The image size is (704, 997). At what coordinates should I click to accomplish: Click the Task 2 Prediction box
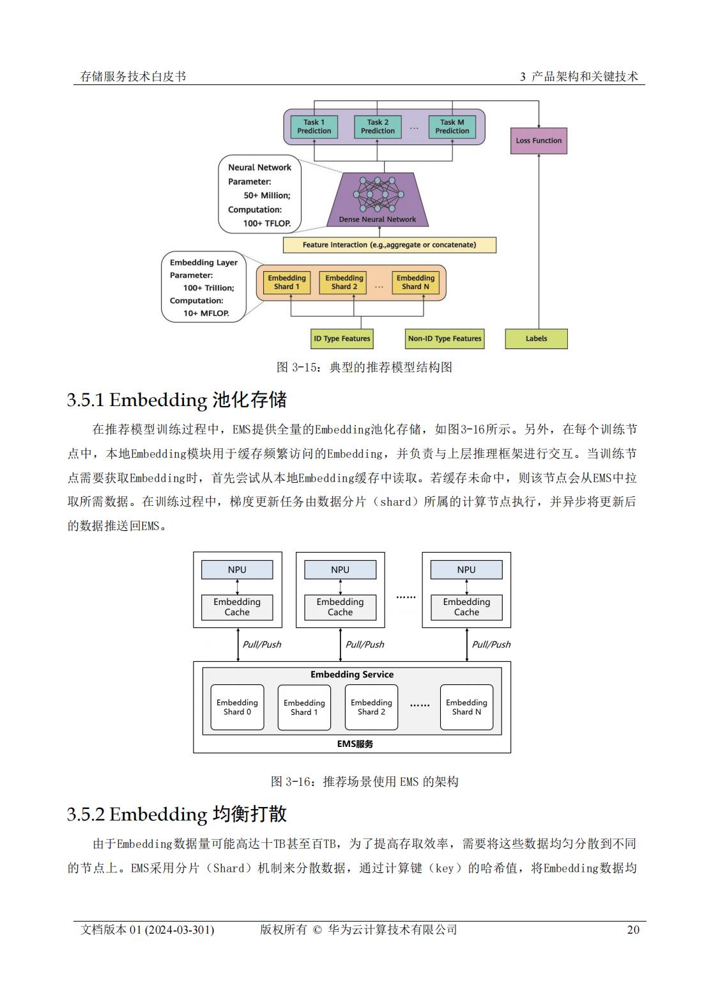pos(377,127)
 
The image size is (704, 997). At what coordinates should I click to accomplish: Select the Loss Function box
pos(539,141)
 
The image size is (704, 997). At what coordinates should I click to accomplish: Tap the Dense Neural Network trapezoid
pos(378,200)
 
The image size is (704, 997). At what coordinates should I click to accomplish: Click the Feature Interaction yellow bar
pos(389,245)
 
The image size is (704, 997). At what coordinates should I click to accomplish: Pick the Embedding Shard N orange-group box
pos(415,283)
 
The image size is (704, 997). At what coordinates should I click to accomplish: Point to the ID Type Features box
pos(342,339)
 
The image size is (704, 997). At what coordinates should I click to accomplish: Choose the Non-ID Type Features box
pos(444,339)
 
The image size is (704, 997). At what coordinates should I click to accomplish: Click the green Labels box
pos(537,339)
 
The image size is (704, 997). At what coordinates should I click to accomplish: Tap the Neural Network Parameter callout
pos(260,194)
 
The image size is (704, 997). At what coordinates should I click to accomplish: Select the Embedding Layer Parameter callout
pos(204,287)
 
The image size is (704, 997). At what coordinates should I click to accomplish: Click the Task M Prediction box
pos(452,127)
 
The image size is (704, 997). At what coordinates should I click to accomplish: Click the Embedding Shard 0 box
pos(237,707)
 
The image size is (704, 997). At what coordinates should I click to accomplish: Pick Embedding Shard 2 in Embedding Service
pos(371,707)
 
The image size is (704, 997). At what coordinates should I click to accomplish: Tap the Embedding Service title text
pos(352,674)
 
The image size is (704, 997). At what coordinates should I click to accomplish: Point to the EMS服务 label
pos(355,744)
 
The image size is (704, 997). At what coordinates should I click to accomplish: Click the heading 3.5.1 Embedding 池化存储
pos(176,400)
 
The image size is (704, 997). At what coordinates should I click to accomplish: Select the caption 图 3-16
pos(364,781)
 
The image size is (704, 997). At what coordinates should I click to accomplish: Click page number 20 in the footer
pos(633,930)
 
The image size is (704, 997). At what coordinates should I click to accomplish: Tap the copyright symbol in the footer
pos(317,930)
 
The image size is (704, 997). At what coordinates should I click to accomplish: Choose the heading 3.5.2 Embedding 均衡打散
pos(176,814)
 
